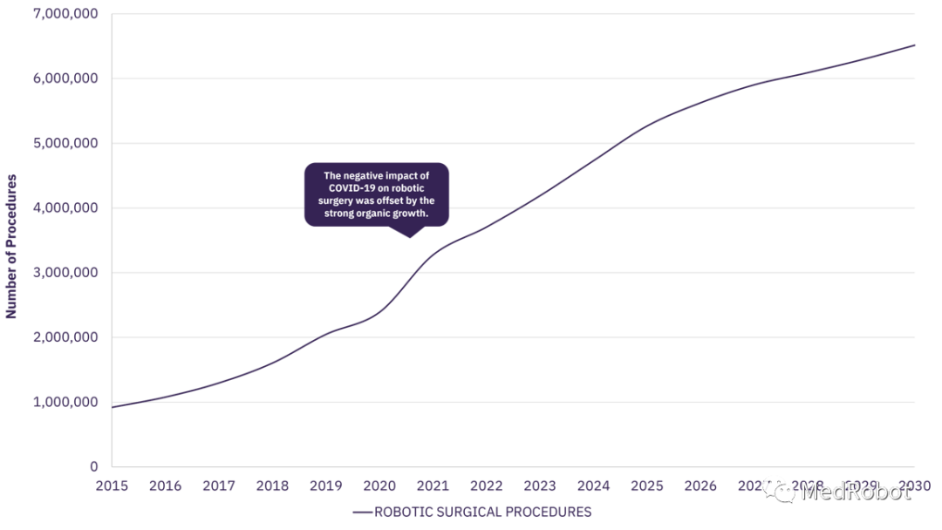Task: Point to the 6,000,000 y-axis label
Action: pyautogui.click(x=66, y=78)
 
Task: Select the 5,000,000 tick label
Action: pyautogui.click(x=66, y=143)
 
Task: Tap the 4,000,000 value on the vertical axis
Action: pyautogui.click(x=66, y=208)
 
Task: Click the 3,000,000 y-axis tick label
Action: pyautogui.click(x=66, y=273)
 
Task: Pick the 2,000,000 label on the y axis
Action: pyautogui.click(x=66, y=337)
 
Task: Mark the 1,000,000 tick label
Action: pyautogui.click(x=66, y=402)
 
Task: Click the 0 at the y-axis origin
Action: pyautogui.click(x=93, y=466)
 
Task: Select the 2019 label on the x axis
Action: pyautogui.click(x=326, y=486)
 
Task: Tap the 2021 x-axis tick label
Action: pyautogui.click(x=433, y=486)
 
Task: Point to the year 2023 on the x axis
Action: pyautogui.click(x=540, y=486)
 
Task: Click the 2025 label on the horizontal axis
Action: pyautogui.click(x=647, y=486)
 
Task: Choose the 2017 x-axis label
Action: pyautogui.click(x=220, y=486)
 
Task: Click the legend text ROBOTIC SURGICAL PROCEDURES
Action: pyautogui.click(x=482, y=512)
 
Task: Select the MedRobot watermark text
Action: pyautogui.click(x=855, y=492)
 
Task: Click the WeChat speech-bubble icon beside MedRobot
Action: pyautogui.click(x=780, y=490)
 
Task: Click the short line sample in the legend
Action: pyautogui.click(x=362, y=513)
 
